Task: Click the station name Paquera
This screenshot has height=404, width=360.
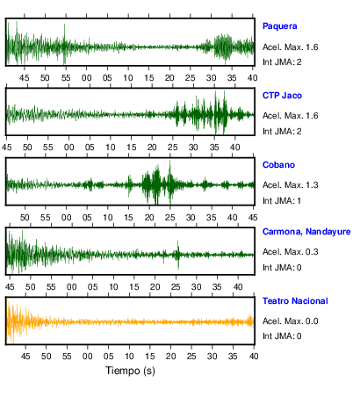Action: [279, 26]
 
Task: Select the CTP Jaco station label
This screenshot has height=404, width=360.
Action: [282, 96]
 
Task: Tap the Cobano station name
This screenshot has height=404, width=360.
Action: [278, 165]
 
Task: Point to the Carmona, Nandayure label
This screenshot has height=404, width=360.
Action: [306, 232]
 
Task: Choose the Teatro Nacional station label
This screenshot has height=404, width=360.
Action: [295, 301]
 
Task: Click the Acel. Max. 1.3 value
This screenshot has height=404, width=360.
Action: [290, 185]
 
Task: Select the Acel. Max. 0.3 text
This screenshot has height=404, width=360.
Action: [290, 252]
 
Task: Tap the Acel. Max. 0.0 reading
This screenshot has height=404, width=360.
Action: [290, 321]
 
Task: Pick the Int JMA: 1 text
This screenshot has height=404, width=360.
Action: [282, 201]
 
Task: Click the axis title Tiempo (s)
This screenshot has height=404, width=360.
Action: [130, 371]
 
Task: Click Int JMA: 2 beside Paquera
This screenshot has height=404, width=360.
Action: [282, 62]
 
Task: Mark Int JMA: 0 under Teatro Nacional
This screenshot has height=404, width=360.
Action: [282, 335]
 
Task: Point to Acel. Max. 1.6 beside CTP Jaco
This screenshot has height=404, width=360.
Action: [290, 116]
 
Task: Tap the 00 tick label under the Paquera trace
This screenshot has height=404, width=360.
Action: [86, 78]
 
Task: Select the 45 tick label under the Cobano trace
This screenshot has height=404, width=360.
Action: [253, 218]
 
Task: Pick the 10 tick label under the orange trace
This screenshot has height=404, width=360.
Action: [129, 357]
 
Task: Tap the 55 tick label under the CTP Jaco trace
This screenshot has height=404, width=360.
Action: [48, 148]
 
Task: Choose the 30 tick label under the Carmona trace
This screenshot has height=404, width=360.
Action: [196, 287]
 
